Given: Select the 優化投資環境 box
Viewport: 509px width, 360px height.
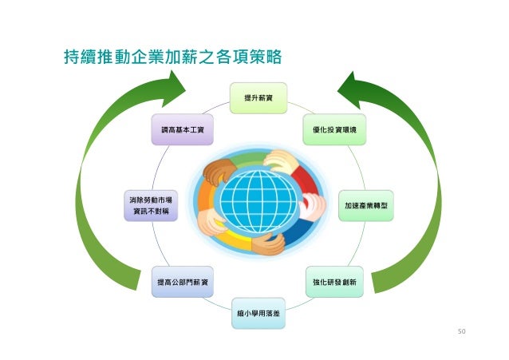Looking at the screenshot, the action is (334, 129).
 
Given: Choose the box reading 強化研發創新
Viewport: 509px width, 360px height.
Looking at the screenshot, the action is (334, 282).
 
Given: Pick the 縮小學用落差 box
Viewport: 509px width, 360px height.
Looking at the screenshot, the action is (258, 314).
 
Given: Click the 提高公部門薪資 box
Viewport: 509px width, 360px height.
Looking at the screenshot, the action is (183, 282).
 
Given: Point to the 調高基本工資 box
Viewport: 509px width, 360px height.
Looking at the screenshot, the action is (183, 129).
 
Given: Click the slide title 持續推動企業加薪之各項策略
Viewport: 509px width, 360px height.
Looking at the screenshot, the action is (172, 57).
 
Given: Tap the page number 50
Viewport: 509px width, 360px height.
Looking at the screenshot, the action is (460, 329).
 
